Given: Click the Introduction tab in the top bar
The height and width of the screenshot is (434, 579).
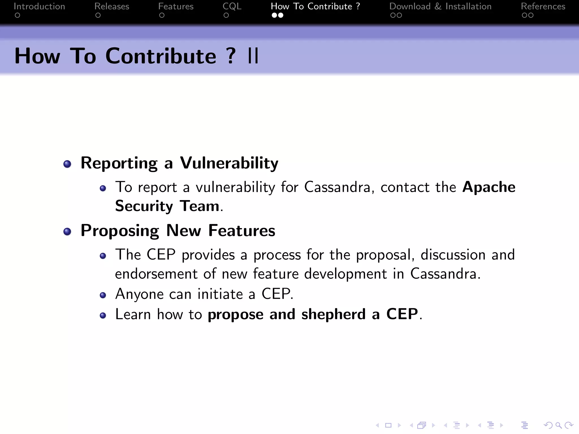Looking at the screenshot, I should point(39,6).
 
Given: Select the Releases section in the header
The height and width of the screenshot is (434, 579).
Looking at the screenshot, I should point(112,6).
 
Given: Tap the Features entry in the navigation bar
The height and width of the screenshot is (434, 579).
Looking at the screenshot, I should point(176,6).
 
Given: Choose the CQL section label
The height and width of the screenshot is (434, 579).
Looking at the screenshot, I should point(232,6).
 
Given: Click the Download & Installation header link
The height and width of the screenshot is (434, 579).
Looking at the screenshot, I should point(440,6).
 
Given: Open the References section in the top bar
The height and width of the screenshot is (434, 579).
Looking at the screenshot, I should point(543,6).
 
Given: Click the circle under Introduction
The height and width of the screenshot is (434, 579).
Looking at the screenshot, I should point(18,15).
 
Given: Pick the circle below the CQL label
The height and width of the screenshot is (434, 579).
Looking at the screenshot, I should point(226,15).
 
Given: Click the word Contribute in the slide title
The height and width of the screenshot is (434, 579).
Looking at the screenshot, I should point(161,56).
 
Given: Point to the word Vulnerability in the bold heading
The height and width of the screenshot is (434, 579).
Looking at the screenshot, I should point(229,163).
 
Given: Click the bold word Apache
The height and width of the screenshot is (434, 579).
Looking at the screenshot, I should point(489,187).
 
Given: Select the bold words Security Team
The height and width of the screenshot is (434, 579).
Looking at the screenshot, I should point(167,206).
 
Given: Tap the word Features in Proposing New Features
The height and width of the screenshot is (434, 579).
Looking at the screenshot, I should point(241,231).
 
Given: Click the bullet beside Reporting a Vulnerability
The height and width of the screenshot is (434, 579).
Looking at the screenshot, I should point(67,164).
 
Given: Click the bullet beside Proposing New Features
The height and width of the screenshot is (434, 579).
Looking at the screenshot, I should point(67,232).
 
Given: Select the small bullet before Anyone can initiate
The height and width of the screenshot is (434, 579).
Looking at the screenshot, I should point(103,295).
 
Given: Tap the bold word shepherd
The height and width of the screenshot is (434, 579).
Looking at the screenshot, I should point(333,314).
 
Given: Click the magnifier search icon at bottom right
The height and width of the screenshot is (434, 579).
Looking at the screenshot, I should point(558,425).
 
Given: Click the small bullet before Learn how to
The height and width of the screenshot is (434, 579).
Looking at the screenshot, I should point(103,315).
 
